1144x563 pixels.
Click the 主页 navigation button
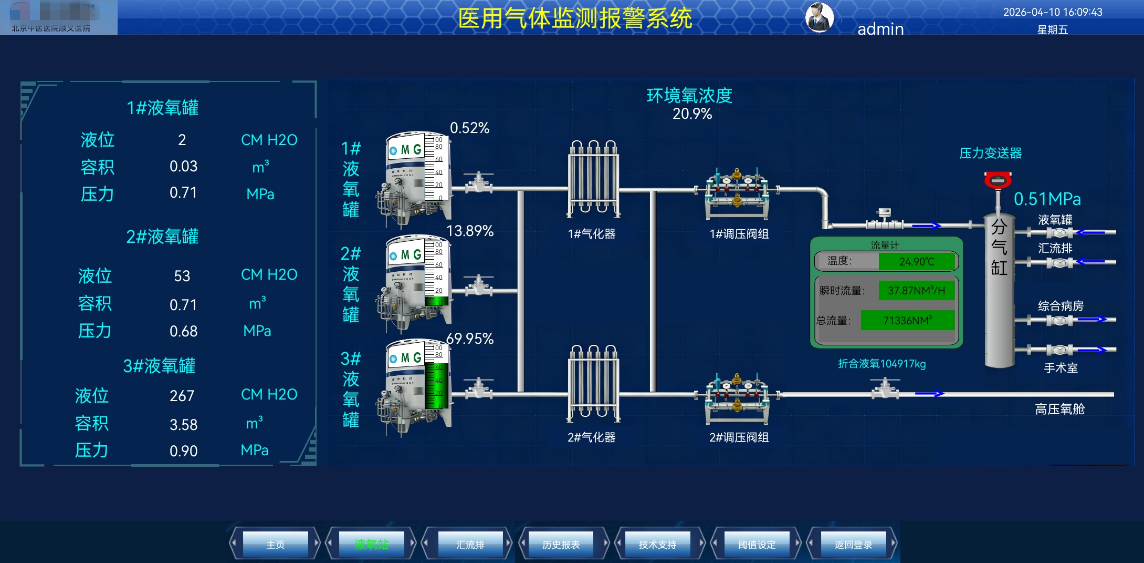pyautogui.click(x=275, y=544)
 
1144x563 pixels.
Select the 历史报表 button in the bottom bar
pyautogui.click(x=561, y=544)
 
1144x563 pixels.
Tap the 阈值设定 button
pyautogui.click(x=757, y=544)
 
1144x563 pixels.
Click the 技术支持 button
pyautogui.click(x=657, y=544)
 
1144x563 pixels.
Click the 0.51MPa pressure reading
pyautogui.click(x=1047, y=199)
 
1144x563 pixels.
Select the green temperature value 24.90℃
pyautogui.click(x=917, y=261)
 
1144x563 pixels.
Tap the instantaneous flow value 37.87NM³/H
pyautogui.click(x=916, y=291)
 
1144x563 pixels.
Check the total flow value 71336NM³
pyautogui.click(x=907, y=320)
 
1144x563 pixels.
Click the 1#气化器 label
pyautogui.click(x=592, y=234)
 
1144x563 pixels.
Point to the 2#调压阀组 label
pyautogui.click(x=739, y=437)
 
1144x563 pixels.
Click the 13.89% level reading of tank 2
pyautogui.click(x=470, y=231)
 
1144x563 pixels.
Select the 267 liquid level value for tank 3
pyautogui.click(x=182, y=396)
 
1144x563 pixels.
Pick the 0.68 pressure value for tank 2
pyautogui.click(x=183, y=331)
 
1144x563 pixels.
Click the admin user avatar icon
pyautogui.click(x=820, y=17)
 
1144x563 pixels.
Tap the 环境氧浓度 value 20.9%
pyautogui.click(x=692, y=114)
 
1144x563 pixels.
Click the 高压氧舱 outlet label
pyautogui.click(x=1059, y=409)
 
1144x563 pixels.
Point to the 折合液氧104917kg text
pyautogui.click(x=881, y=364)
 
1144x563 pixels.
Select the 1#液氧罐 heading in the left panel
pyautogui.click(x=163, y=108)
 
